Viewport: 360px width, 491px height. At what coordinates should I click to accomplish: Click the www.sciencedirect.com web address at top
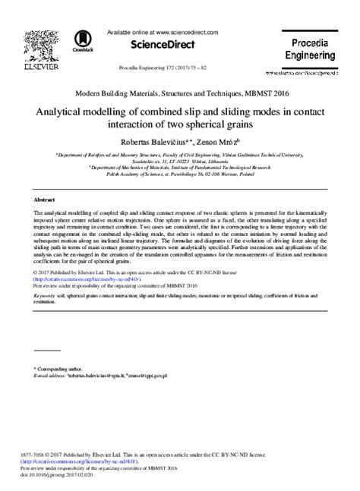[185, 32]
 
